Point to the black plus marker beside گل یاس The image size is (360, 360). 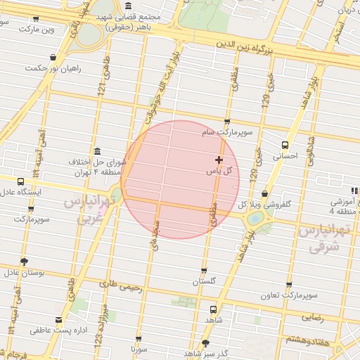click(x=219, y=160)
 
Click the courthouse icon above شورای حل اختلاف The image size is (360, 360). click(x=96, y=151)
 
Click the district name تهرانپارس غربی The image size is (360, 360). click(x=87, y=207)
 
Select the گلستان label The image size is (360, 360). click(x=206, y=281)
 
